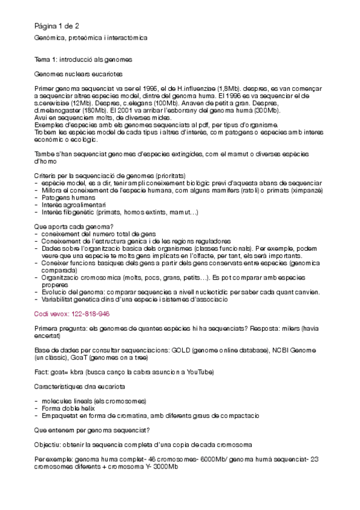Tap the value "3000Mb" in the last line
pyautogui.click(x=165, y=467)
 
